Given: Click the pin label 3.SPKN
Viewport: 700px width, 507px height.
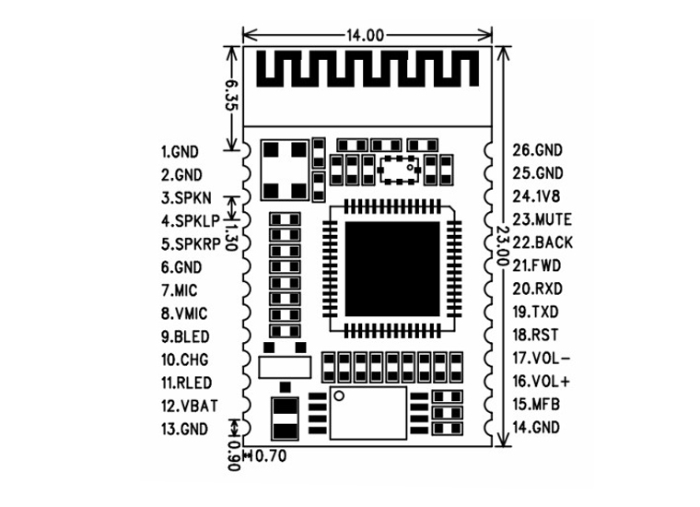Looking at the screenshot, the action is tap(186, 198).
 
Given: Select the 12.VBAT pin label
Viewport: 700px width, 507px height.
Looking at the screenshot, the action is tap(190, 406).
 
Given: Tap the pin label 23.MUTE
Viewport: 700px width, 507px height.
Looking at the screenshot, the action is tap(542, 219).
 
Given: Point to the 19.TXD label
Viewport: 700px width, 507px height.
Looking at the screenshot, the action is tap(535, 312).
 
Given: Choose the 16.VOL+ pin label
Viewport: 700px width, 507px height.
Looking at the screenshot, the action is tap(541, 382).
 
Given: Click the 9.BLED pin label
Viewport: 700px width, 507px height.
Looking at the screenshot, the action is tap(185, 336).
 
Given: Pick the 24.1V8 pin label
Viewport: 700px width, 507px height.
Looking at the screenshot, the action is tap(536, 196).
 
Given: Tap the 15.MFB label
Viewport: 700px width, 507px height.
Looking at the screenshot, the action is tap(536, 405).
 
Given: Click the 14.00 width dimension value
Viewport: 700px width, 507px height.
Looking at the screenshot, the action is tap(365, 35).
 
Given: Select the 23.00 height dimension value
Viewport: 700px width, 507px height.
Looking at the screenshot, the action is tap(503, 245).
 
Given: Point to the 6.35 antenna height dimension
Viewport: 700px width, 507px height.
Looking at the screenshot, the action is tap(232, 95).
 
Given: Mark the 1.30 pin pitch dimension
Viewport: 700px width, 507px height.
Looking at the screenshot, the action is tap(231, 237).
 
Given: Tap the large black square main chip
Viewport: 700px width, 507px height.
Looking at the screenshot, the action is tap(392, 269).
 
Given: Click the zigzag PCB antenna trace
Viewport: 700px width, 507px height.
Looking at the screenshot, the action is tap(367, 68).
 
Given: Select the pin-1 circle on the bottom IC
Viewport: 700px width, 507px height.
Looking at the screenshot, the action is tap(339, 395).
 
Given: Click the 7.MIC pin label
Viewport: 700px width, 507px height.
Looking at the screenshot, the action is tap(179, 290).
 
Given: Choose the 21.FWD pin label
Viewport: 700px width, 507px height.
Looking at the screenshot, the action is tap(536, 265).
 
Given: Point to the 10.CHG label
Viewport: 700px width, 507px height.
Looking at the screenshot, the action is tap(185, 360).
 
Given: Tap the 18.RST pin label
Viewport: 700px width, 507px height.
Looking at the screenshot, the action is tap(535, 335).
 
